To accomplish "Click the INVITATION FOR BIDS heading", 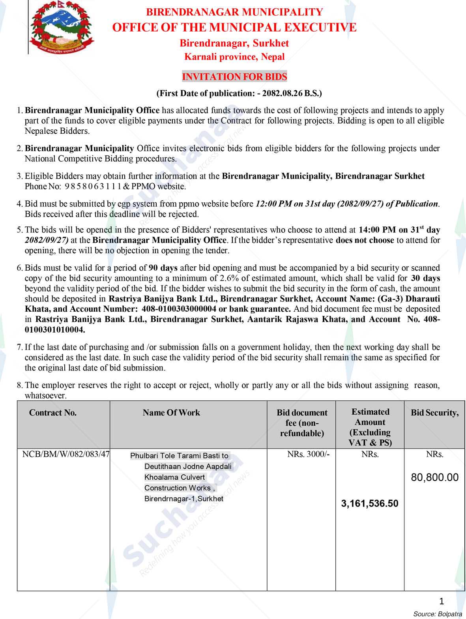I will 234,77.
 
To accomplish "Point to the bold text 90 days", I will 163,268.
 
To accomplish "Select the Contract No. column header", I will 53,413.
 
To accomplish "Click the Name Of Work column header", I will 171,413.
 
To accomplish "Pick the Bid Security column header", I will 434,413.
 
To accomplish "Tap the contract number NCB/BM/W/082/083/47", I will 66,454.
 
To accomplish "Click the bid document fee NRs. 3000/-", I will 308,454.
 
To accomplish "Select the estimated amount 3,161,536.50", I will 370,503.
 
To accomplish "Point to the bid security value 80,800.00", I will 435,477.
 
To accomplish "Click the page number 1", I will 441,601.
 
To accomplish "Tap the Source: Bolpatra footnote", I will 438,614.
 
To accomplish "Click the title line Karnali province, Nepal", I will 234,57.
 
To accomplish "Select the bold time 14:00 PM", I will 377,230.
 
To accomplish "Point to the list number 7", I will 19,348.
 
